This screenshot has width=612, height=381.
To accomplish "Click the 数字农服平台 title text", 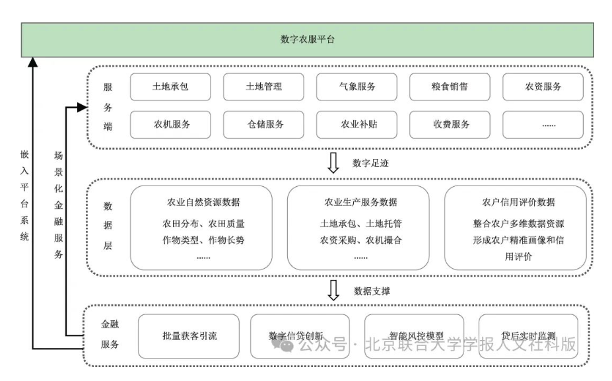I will (x=308, y=40).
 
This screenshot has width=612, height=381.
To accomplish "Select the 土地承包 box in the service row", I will (x=171, y=87).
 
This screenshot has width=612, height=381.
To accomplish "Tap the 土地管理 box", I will (x=264, y=87).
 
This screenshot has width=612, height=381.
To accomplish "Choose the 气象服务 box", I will (x=357, y=87).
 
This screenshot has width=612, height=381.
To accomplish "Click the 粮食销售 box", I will (x=450, y=87).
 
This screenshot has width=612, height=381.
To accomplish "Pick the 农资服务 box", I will (x=543, y=87).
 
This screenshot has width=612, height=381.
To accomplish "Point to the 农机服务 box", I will (x=171, y=124).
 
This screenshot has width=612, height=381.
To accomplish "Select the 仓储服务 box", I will (x=264, y=124).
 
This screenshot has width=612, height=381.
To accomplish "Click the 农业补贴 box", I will (x=357, y=124).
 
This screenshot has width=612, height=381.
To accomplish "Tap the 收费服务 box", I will (x=450, y=124).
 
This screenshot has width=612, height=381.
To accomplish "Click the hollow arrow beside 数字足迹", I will (x=333, y=163).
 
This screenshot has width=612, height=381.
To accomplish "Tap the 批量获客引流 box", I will (x=189, y=336).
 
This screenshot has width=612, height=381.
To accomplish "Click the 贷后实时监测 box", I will (x=528, y=336).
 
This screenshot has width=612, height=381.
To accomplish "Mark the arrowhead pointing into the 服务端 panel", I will (x=82, y=106).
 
